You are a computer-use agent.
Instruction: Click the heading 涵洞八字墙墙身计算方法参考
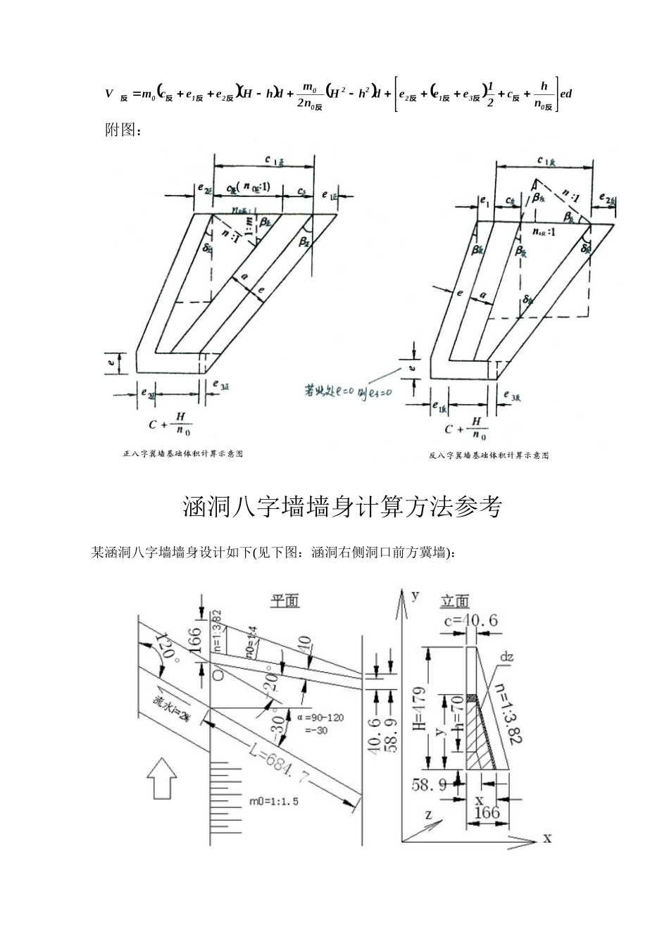tap(342, 507)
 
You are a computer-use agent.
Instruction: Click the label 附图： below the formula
tap(123, 132)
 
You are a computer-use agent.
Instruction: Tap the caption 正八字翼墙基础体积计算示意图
tap(183, 455)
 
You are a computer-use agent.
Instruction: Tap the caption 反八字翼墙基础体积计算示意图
tap(489, 455)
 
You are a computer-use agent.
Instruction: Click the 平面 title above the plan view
tap(285, 600)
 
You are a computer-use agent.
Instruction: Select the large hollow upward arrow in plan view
tap(161, 778)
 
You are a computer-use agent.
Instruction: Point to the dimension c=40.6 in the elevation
tap(471, 620)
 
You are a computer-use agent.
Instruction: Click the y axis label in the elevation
tap(416, 595)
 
